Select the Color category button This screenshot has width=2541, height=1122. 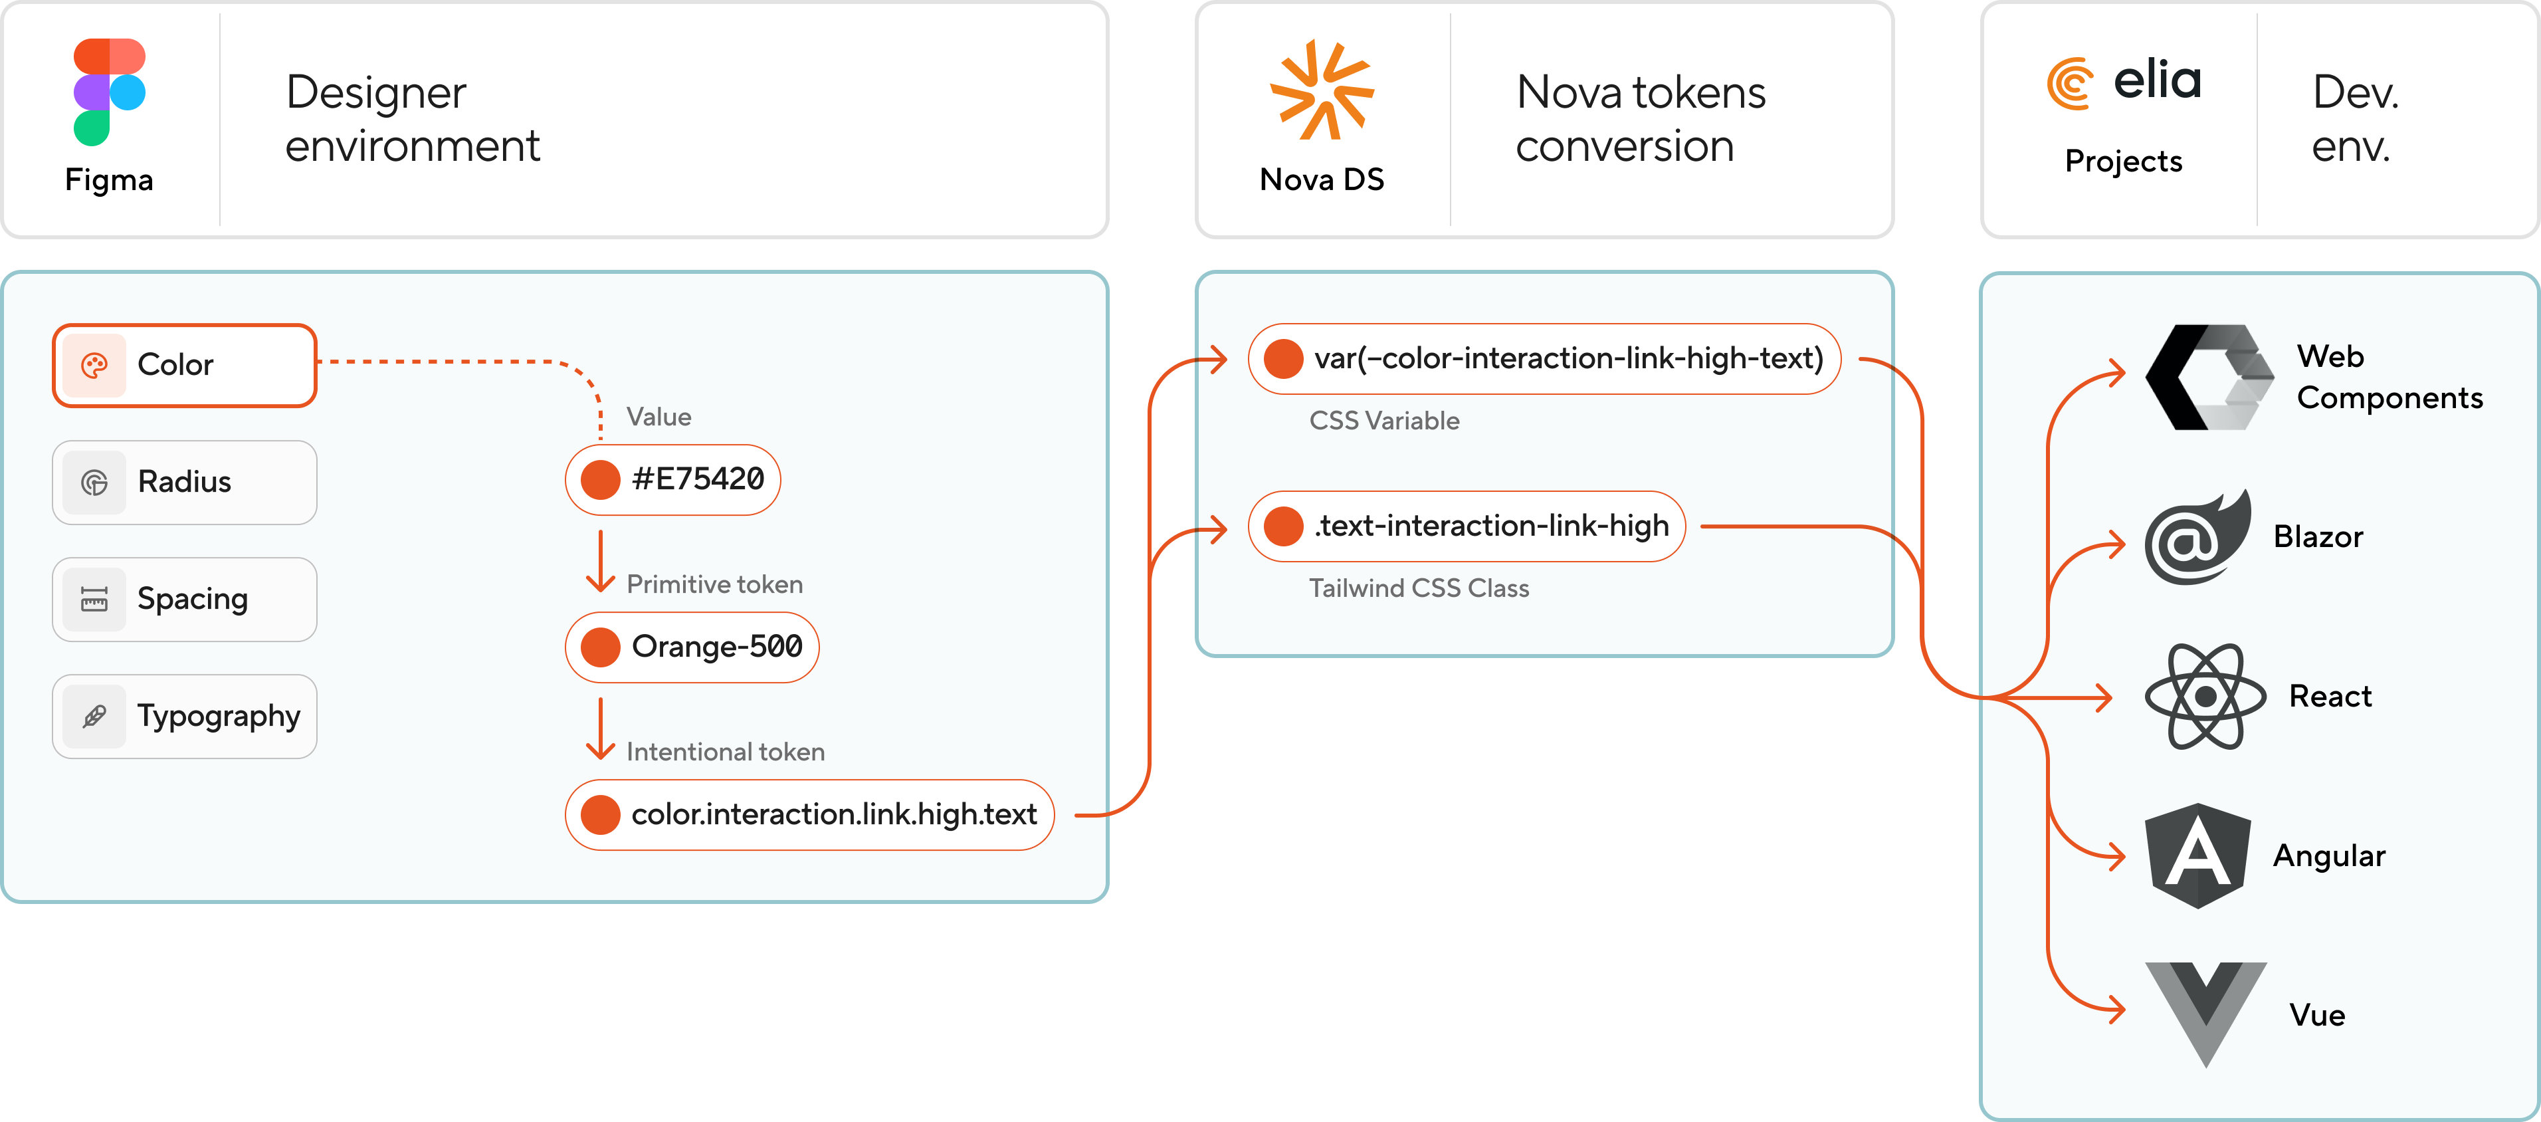coord(185,365)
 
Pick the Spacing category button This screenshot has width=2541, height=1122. coord(185,599)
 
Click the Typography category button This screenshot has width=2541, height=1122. coord(185,717)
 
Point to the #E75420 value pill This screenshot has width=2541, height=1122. coord(672,480)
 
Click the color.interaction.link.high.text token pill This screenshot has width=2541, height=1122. coord(809,815)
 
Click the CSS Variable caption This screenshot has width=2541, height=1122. coord(1384,421)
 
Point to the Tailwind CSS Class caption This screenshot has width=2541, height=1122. coord(1419,589)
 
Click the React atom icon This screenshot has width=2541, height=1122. coord(2205,697)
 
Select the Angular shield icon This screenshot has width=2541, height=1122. coord(2197,855)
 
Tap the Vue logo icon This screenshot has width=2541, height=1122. coord(2205,1012)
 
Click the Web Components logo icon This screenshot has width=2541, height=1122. coord(2209,377)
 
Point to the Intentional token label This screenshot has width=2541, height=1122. coord(725,752)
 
